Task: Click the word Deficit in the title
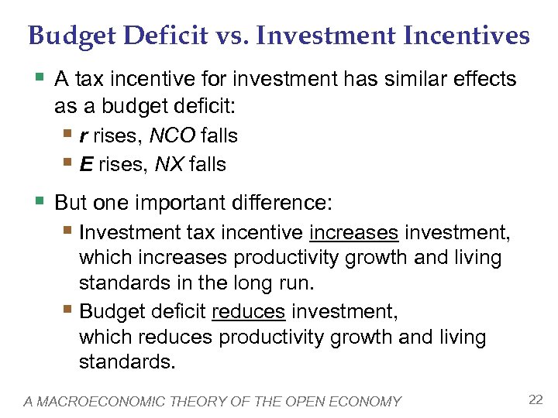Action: coord(160,36)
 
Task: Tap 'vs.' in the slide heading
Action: coord(228,36)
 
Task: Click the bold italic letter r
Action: coord(84,136)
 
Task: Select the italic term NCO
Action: coord(172,136)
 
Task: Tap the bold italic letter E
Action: coord(85,164)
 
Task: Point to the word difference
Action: coord(281,204)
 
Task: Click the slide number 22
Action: coord(535,399)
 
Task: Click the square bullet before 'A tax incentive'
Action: coord(40,79)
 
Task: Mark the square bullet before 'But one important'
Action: coord(40,204)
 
